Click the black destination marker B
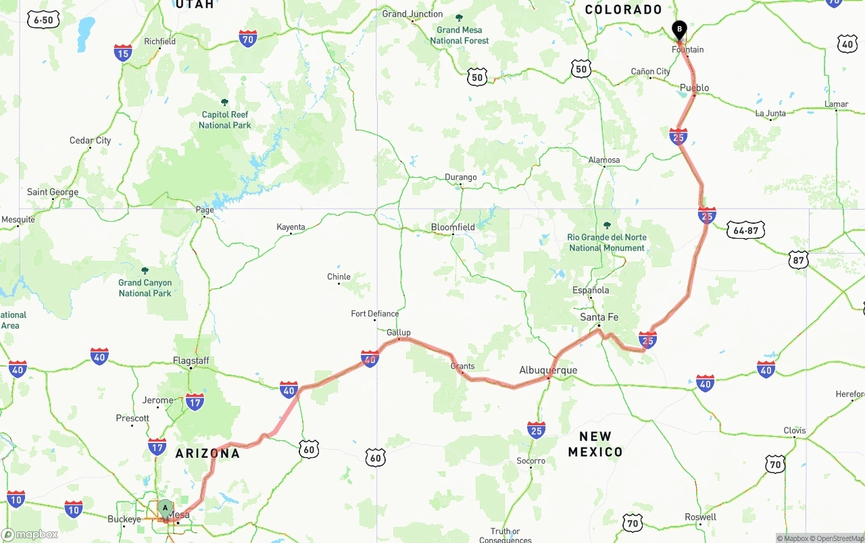click(679, 30)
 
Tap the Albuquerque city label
click(548, 370)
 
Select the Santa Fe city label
click(599, 317)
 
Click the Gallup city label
click(399, 333)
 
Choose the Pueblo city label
click(694, 87)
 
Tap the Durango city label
click(460, 177)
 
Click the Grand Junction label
click(412, 14)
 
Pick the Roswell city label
click(700, 517)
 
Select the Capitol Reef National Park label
click(225, 120)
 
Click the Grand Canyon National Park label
click(145, 287)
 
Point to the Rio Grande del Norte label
click(607, 242)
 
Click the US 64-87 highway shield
click(746, 231)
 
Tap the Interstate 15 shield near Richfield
click(123, 53)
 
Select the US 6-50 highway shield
click(43, 20)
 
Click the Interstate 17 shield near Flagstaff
click(195, 402)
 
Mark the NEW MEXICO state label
click(595, 444)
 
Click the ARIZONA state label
click(207, 453)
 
